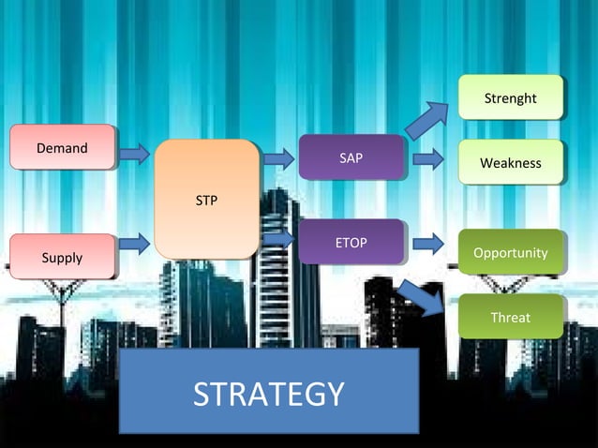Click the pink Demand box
tap(62, 148)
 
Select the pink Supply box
tap(62, 257)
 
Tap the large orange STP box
tap(206, 199)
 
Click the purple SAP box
tap(351, 157)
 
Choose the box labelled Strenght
tap(510, 97)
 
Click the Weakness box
tap(510, 163)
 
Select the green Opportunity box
tap(510, 253)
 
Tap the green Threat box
tap(510, 318)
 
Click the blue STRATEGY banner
tap(269, 392)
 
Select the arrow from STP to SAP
tap(278, 158)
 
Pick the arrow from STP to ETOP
tap(278, 239)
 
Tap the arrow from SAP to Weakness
tap(427, 158)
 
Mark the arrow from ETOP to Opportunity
tap(427, 245)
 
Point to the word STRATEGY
tap(269, 395)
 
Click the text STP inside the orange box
tap(206, 200)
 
